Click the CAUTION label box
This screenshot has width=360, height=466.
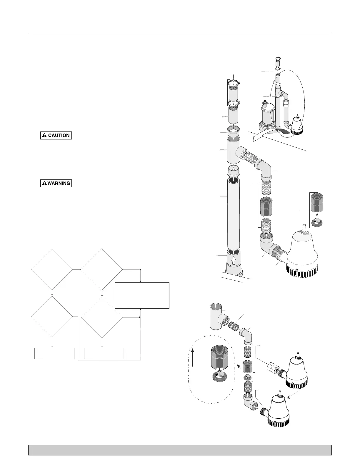[x=56, y=135]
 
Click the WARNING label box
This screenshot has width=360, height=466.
[x=56, y=183]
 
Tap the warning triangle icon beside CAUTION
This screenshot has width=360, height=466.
[x=44, y=135]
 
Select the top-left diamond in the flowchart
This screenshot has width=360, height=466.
[x=52, y=269]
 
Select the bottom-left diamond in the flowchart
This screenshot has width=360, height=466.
[x=52, y=317]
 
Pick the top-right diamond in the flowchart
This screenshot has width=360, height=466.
[x=102, y=269]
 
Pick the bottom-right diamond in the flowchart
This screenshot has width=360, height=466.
[x=102, y=317]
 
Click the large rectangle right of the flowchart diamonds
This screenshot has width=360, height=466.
[x=142, y=295]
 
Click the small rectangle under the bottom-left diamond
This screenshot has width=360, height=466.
[x=54, y=353]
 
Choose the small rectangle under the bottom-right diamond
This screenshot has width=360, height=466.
[x=104, y=353]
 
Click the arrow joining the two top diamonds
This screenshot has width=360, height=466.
[x=77, y=269]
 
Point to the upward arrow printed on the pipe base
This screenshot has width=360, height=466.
[x=234, y=261]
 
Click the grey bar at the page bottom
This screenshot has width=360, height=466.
[x=180, y=450]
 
